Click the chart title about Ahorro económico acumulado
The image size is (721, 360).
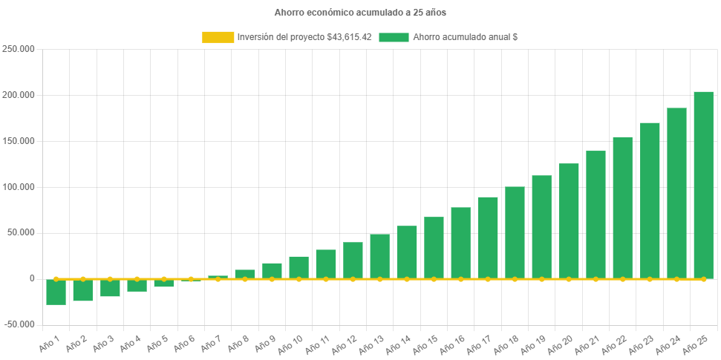click(x=360, y=13)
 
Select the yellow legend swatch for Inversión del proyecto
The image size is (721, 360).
click(x=217, y=36)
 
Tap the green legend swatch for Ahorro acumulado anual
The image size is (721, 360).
click(x=394, y=36)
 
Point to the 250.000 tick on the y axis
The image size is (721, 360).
click(x=19, y=49)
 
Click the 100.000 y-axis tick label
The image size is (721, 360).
click(x=19, y=186)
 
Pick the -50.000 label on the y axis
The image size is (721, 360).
click(x=19, y=324)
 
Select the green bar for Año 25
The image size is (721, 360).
click(x=703, y=185)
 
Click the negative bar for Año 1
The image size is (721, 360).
click(x=56, y=292)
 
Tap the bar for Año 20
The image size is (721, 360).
click(x=569, y=220)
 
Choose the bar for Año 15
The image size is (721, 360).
click(x=434, y=247)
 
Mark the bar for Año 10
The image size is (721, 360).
click(x=298, y=267)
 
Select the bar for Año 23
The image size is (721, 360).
click(x=650, y=200)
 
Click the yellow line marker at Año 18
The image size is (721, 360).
click(x=515, y=279)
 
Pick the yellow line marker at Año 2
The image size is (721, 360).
click(x=82, y=279)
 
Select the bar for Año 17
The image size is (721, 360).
click(x=488, y=238)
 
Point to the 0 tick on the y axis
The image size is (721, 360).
click(x=32, y=278)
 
